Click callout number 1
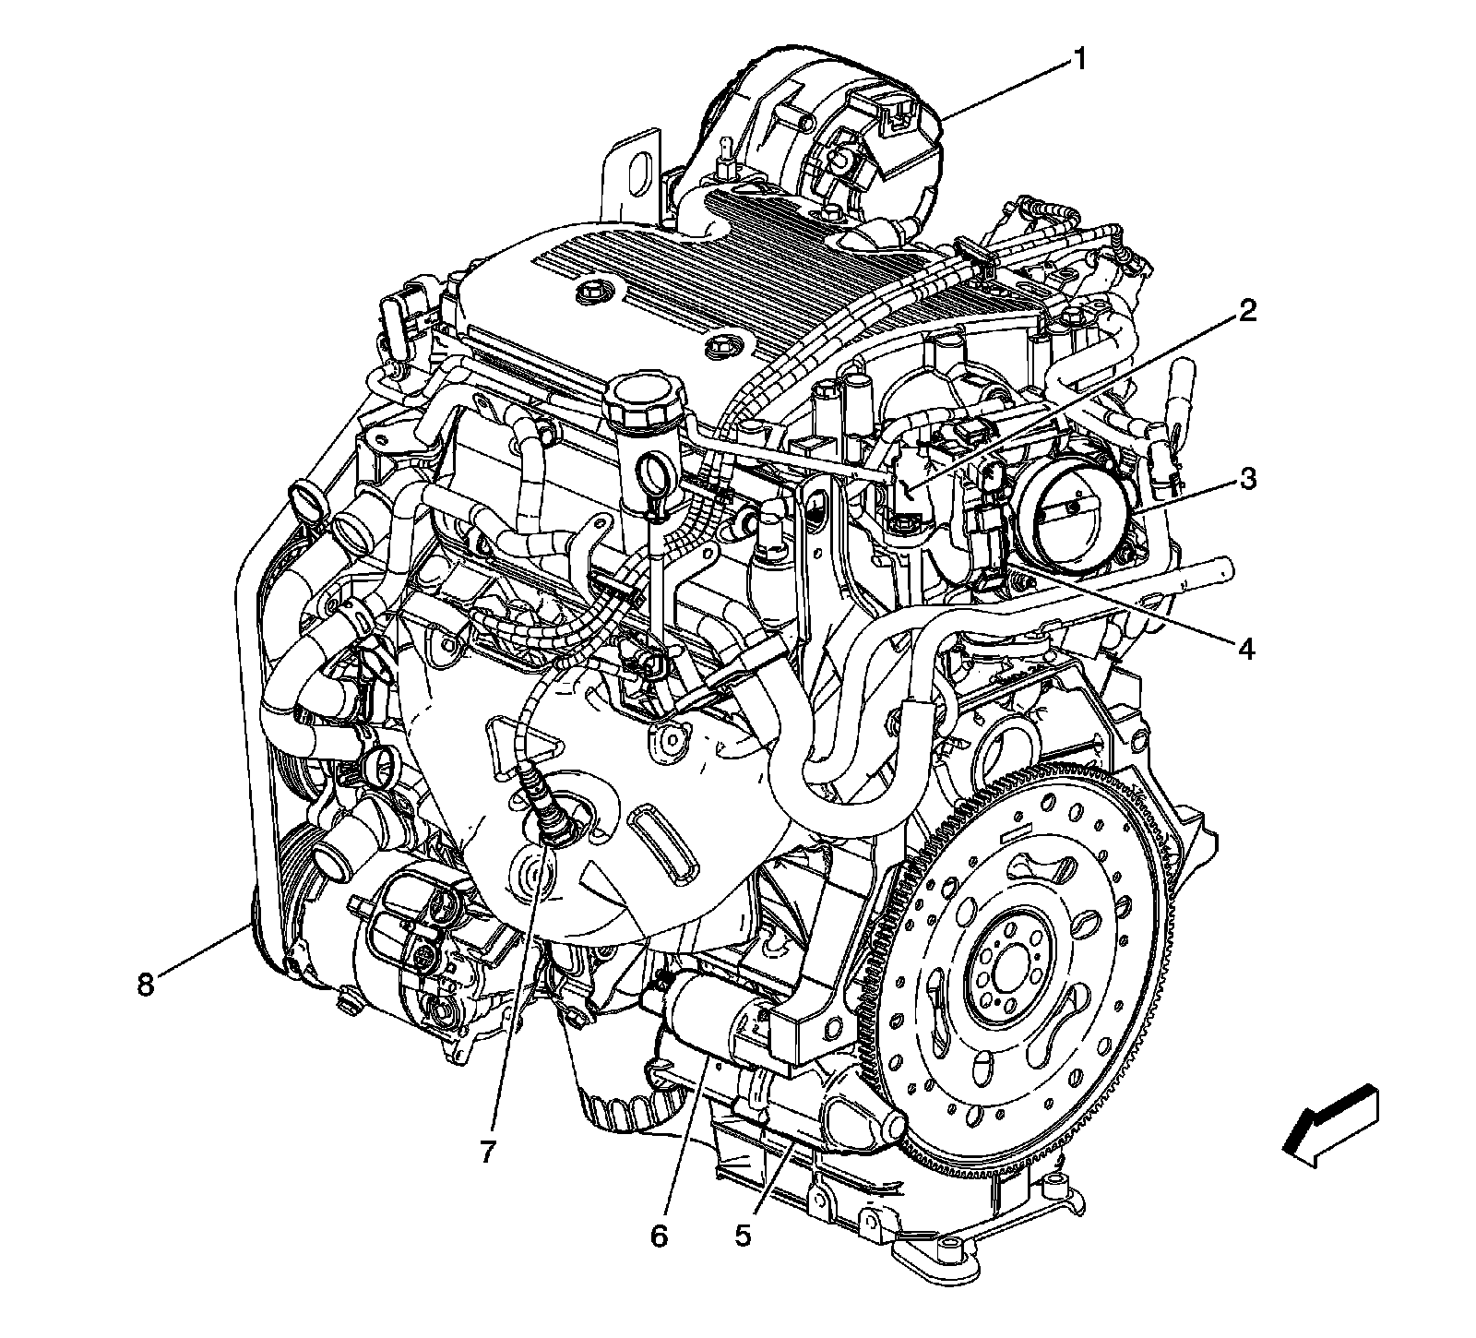(1077, 61)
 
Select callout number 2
(1247, 311)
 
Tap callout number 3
(1247, 479)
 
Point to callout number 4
(1246, 650)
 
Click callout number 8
(145, 985)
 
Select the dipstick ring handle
(655, 480)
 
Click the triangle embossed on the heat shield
(521, 738)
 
